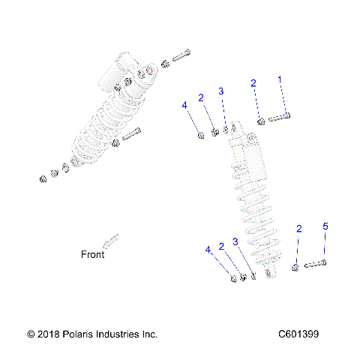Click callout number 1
[x=281, y=79]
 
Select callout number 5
[x=325, y=226]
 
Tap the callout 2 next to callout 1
[x=253, y=83]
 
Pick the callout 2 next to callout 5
[x=299, y=229]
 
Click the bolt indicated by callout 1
[x=278, y=117]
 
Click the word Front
[x=93, y=254]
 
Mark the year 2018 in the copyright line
[x=47, y=334]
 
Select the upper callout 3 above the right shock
[x=221, y=91]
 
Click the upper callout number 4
[x=184, y=106]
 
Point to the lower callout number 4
[x=208, y=250]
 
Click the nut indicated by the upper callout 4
[x=200, y=134]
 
